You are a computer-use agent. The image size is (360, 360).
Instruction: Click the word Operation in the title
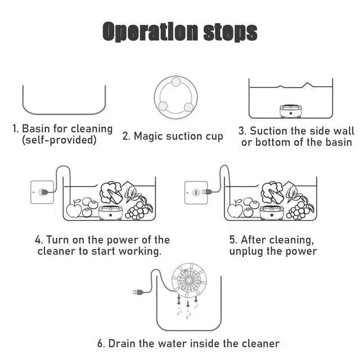tap(150, 31)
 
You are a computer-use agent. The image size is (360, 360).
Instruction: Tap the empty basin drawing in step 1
tap(64, 114)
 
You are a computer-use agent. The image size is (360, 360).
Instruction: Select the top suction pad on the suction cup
tap(176, 82)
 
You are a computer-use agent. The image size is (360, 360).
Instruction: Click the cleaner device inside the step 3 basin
tap(290, 111)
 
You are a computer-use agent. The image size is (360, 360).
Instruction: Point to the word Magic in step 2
tap(148, 136)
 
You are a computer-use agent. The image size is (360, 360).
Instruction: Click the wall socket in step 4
tap(42, 192)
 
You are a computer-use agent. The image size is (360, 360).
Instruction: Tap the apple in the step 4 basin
tap(74, 209)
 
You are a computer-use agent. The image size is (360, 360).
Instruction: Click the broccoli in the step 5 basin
tap(272, 192)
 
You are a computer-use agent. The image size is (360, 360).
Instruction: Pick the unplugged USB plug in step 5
tap(206, 192)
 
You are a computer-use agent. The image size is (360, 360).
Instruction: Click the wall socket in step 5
tap(196, 192)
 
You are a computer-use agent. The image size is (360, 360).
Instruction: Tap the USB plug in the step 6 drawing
tap(138, 292)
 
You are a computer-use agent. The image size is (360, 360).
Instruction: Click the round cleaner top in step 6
tap(189, 280)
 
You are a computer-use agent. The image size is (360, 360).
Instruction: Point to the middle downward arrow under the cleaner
tap(188, 304)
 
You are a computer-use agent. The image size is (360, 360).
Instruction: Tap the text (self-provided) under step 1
tap(59, 140)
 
